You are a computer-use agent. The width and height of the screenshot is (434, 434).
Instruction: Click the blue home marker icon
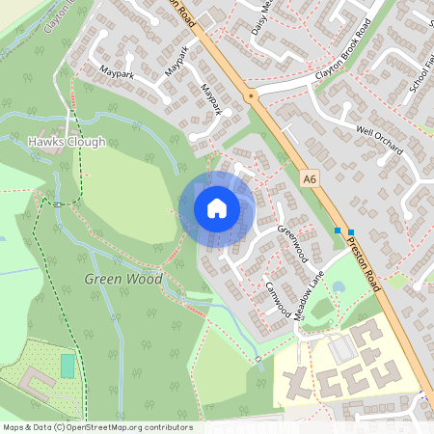pos(217,208)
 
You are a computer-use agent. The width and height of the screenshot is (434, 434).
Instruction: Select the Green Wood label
pos(123,279)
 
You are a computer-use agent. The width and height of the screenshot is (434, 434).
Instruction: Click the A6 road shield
pos(309,178)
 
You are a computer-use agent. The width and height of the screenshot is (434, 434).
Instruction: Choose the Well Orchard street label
pos(378,142)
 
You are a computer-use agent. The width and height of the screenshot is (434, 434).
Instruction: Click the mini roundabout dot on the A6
pos(251,96)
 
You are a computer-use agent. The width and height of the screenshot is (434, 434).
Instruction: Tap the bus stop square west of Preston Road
pos(338,231)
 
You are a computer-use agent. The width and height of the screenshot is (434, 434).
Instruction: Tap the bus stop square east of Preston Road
pos(351,231)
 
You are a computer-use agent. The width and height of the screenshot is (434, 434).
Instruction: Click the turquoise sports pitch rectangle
pos(68,366)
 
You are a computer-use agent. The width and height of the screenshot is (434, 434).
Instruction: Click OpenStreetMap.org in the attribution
pos(105,426)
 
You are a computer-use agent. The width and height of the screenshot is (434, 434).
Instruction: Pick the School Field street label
pos(420,71)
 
